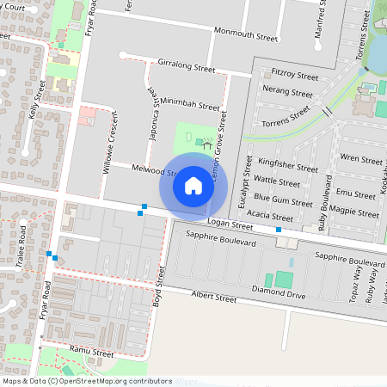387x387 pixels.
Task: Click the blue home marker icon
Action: (193, 185)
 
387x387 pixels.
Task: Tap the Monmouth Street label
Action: (246, 38)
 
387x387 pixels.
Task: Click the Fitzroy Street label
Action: (294, 77)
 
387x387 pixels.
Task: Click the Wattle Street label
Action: (278, 181)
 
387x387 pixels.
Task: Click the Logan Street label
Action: (230, 226)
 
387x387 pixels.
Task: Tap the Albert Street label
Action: (213, 298)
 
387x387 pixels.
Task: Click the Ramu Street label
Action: (92, 353)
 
